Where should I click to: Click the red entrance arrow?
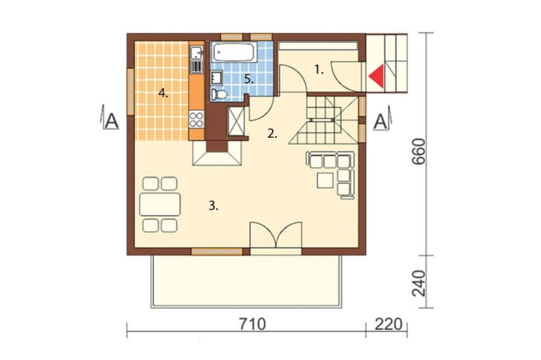click(x=378, y=76)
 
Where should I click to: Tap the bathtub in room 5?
click(x=234, y=52)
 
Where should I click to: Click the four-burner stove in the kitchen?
click(x=197, y=119)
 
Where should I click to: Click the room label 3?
click(x=213, y=206)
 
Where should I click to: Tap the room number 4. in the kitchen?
click(x=163, y=93)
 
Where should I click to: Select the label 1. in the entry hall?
click(x=319, y=70)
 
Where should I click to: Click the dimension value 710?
click(x=253, y=324)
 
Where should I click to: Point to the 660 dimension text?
click(x=419, y=151)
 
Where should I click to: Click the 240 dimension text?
click(x=419, y=283)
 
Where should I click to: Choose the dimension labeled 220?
click(x=388, y=324)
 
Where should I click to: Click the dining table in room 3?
click(x=160, y=204)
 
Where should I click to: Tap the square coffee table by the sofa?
click(x=325, y=181)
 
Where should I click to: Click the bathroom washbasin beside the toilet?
click(x=217, y=77)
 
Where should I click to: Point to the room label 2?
click(x=272, y=134)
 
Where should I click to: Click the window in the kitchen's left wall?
click(x=130, y=91)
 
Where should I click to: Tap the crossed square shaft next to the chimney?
click(x=236, y=121)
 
